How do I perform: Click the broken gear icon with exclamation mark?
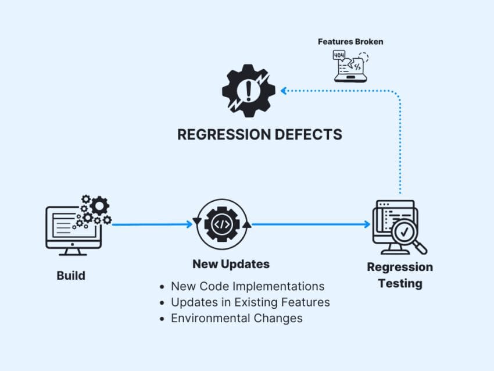(249, 91)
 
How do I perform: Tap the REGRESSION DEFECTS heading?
(259, 135)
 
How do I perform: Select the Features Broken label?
(350, 42)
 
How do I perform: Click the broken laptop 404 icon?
(350, 66)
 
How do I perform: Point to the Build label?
(71, 276)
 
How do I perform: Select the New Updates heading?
(231, 264)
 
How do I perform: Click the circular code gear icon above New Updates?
(222, 224)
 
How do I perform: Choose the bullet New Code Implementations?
(247, 287)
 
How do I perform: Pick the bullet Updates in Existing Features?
(250, 302)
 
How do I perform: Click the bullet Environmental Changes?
(237, 318)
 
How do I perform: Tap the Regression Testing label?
(400, 275)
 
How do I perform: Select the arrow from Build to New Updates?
(152, 224)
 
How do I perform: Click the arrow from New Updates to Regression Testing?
(311, 224)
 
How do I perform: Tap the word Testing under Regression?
(400, 284)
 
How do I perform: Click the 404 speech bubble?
(339, 56)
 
